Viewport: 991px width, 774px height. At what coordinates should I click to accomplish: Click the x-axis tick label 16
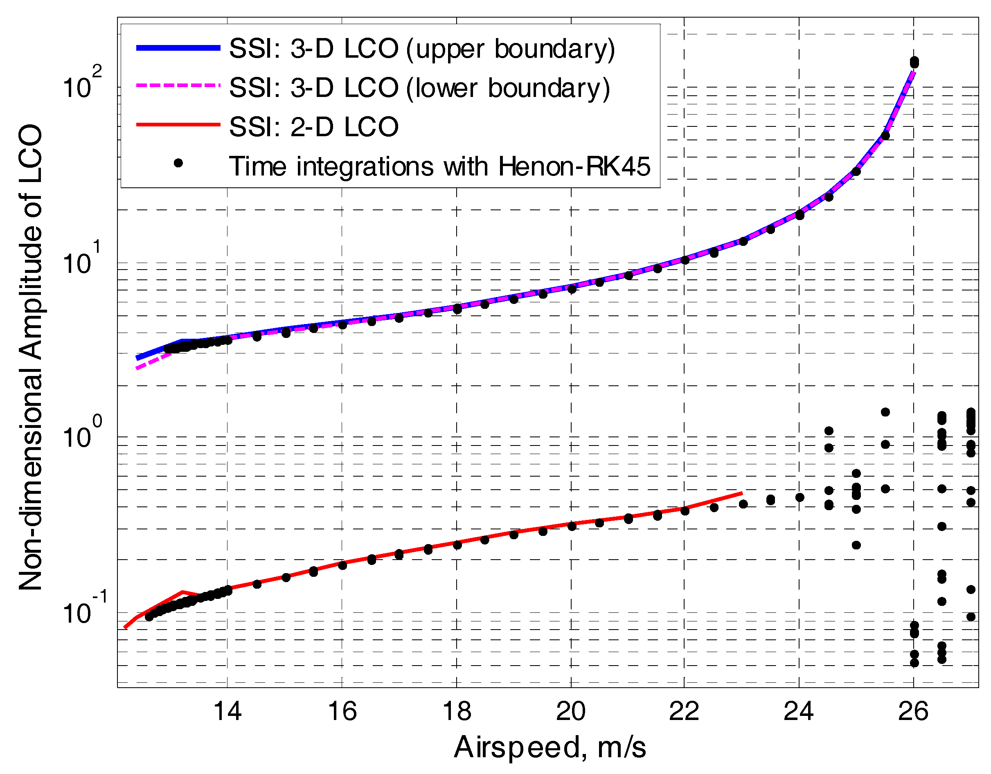342,711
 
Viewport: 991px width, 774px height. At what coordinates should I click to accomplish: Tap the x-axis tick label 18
457,711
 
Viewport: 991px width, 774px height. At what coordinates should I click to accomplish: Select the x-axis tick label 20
571,711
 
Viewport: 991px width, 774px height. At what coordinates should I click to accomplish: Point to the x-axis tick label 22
684,711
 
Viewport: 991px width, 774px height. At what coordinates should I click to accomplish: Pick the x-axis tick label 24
799,711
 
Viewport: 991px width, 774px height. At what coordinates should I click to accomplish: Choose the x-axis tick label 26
913,711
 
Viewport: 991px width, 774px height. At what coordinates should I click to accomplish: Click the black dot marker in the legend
178,163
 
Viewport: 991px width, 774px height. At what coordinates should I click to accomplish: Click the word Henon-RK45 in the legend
574,166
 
